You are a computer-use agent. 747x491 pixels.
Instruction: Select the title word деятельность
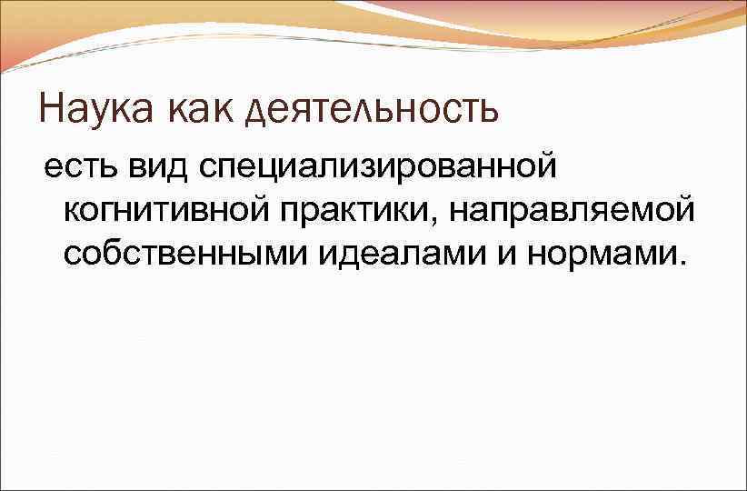coord(373,111)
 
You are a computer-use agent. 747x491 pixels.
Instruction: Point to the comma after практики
coord(438,221)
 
